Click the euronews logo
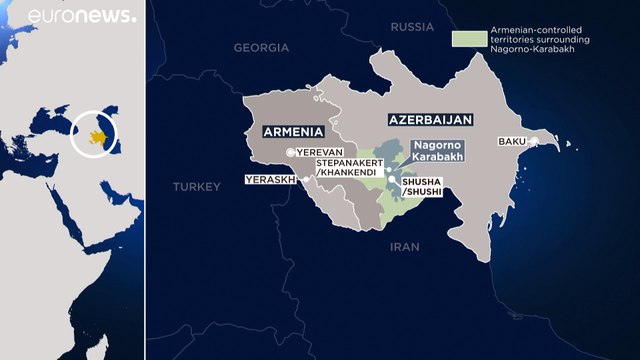pyautogui.click(x=82, y=16)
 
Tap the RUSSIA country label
pyautogui.click(x=412, y=27)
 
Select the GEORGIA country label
pyautogui.click(x=261, y=47)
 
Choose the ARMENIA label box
pyautogui.click(x=293, y=131)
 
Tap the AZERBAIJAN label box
pyautogui.click(x=425, y=118)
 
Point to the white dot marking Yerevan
pyautogui.click(x=290, y=151)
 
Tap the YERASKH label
pyautogui.click(x=265, y=180)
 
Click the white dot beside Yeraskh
pyautogui.click(x=292, y=180)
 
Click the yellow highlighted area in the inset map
pyautogui.click(x=97, y=135)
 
